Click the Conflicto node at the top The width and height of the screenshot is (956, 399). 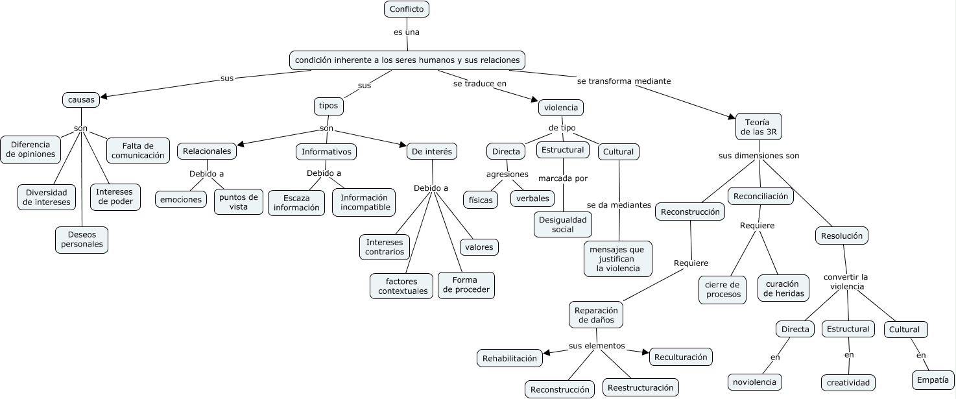coord(407,9)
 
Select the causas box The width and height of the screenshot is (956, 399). coord(82,100)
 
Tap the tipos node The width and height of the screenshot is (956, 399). coord(328,105)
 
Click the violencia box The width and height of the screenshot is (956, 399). coord(561,107)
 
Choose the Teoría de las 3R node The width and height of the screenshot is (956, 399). coord(758,127)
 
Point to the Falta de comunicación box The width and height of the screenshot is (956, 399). coord(137,151)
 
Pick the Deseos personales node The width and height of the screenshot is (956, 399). coord(82,239)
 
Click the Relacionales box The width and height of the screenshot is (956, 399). coord(207,151)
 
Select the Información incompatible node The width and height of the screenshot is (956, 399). coord(364,202)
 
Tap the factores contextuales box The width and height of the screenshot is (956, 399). coord(402,286)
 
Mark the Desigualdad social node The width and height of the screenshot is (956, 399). coord(563,224)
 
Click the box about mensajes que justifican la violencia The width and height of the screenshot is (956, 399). coord(618,259)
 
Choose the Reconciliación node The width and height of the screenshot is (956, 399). coord(760,196)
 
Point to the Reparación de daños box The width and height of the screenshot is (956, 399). coord(596,315)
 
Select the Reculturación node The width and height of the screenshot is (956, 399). coord(681,357)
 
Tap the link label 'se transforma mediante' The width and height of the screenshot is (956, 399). coord(624,81)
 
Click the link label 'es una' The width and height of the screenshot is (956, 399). coord(407,31)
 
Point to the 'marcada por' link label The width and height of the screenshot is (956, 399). coord(563,178)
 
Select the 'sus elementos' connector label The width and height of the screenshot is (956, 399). coord(597,346)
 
